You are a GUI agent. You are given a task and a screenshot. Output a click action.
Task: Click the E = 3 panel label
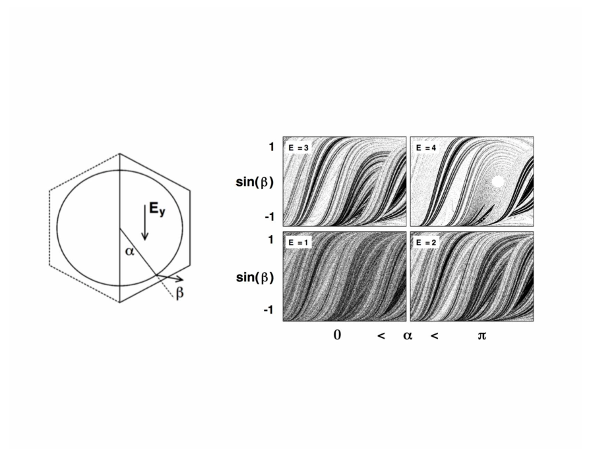click(298, 148)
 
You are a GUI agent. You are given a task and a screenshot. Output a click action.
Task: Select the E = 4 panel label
click(426, 148)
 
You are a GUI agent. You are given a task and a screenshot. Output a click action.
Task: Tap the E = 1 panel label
click(298, 243)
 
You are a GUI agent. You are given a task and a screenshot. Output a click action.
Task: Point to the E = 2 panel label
click(426, 243)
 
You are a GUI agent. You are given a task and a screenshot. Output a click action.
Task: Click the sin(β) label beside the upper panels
click(255, 183)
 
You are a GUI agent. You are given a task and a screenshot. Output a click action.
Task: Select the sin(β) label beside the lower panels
click(255, 278)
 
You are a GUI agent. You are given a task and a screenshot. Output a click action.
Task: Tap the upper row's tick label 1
click(271, 147)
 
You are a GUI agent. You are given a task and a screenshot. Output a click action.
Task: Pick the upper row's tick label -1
click(269, 217)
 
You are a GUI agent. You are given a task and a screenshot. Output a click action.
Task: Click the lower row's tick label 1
click(271, 240)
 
